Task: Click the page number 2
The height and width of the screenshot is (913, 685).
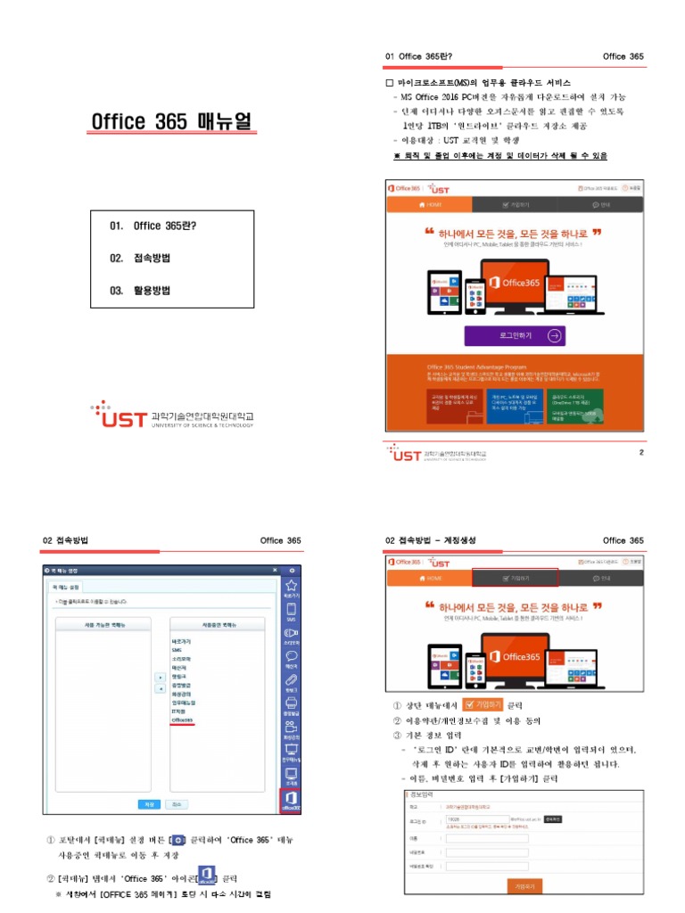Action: point(640,452)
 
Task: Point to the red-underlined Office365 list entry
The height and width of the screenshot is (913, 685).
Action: point(183,720)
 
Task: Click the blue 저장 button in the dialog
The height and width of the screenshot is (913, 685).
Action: point(149,803)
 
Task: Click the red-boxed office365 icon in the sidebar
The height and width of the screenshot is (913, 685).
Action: point(291,801)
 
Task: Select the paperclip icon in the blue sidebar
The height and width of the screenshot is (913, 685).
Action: point(290,682)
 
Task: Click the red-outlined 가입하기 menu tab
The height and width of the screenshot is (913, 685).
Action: point(515,578)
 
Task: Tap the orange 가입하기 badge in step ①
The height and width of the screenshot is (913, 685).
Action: point(483,704)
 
